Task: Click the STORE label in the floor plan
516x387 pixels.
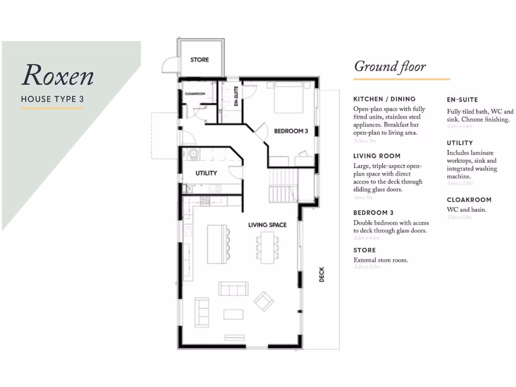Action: point(200,60)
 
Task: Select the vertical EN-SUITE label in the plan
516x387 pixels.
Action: point(236,97)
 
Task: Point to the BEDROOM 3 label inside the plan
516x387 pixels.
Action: point(291,131)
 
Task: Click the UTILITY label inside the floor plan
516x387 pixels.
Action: point(206,173)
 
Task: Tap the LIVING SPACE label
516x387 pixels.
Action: point(267,225)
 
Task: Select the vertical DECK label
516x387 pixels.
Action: point(322,274)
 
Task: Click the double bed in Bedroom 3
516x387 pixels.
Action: point(289,98)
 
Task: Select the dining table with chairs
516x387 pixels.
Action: point(266,247)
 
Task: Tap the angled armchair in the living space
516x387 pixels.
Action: point(264,301)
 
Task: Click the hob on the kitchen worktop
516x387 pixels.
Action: point(205,201)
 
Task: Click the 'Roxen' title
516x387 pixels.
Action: point(57,76)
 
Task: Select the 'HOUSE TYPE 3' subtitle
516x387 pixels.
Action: point(52,99)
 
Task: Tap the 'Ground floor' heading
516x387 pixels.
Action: point(390,67)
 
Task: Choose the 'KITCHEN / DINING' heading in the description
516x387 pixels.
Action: point(384,99)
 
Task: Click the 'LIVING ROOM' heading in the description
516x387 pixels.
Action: point(376,156)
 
